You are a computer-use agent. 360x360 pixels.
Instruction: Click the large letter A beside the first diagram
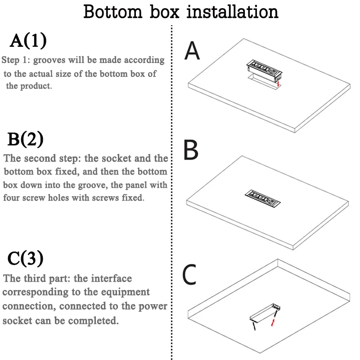[192, 51]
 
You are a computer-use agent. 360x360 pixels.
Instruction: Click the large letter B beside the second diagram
[191, 151]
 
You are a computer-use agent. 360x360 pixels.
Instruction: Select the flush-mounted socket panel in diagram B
[262, 197]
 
